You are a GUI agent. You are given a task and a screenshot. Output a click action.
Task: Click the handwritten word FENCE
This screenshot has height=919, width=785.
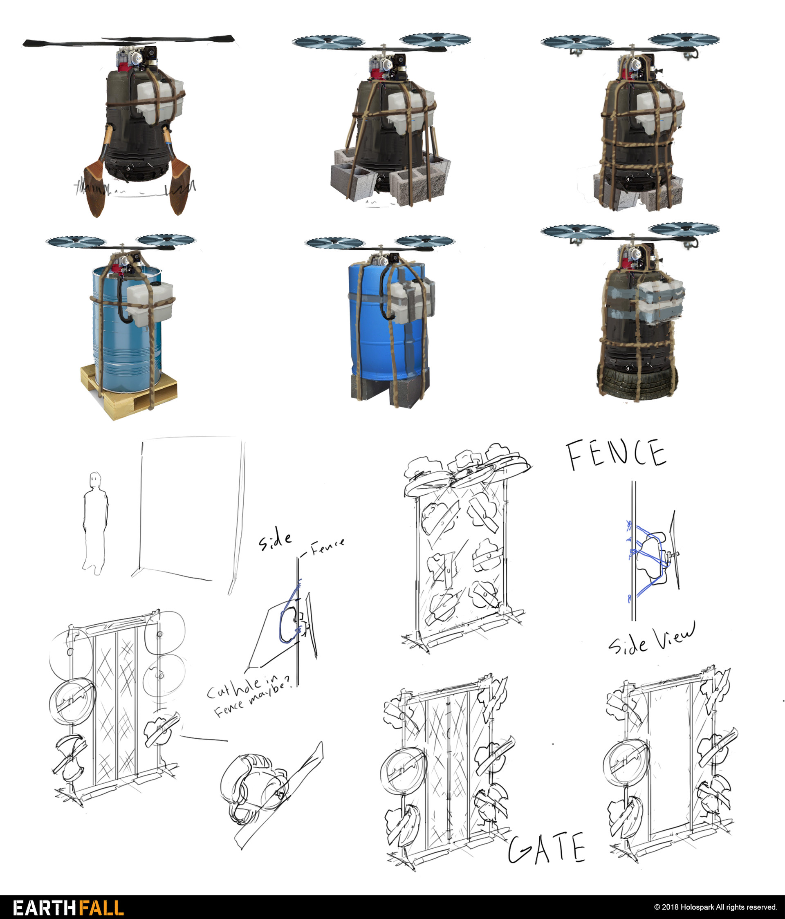click(616, 454)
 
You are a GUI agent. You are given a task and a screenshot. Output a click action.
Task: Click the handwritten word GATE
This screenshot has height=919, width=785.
click(546, 848)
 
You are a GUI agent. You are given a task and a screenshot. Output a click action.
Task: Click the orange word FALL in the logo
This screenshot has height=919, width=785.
click(96, 908)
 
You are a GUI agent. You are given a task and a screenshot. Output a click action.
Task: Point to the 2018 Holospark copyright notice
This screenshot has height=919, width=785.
click(715, 907)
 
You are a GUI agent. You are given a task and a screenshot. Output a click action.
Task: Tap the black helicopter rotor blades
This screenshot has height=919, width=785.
click(129, 41)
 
